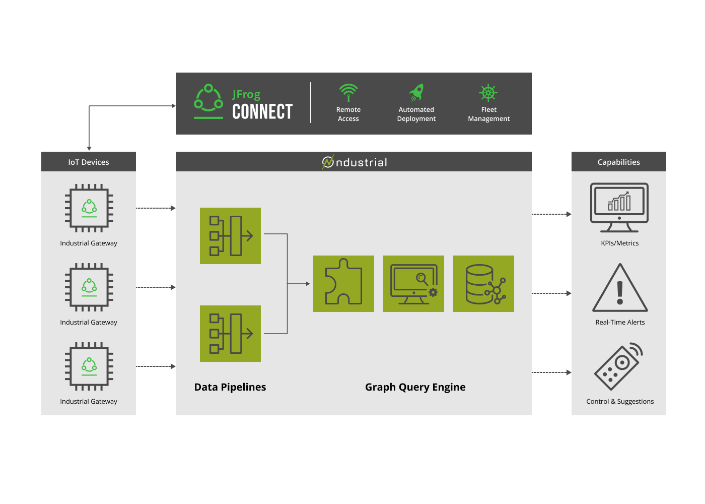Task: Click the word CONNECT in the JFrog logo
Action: (262, 111)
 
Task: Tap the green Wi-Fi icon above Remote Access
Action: (348, 92)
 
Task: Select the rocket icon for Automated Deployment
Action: (416, 92)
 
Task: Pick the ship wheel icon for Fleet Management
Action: (488, 93)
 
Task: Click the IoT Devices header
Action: (89, 162)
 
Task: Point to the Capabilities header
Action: (618, 162)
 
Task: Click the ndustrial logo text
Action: (355, 162)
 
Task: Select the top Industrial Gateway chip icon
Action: (89, 208)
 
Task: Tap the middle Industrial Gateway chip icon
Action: (89, 287)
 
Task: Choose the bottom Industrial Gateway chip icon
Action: (89, 366)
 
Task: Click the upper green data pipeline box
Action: (230, 236)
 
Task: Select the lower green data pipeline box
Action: (230, 334)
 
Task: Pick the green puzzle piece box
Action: (343, 284)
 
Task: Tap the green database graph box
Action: (483, 284)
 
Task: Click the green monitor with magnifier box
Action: (413, 284)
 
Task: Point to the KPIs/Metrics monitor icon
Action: (619, 207)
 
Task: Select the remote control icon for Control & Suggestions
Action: (619, 367)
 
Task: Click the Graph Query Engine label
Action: (415, 387)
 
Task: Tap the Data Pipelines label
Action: (230, 387)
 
